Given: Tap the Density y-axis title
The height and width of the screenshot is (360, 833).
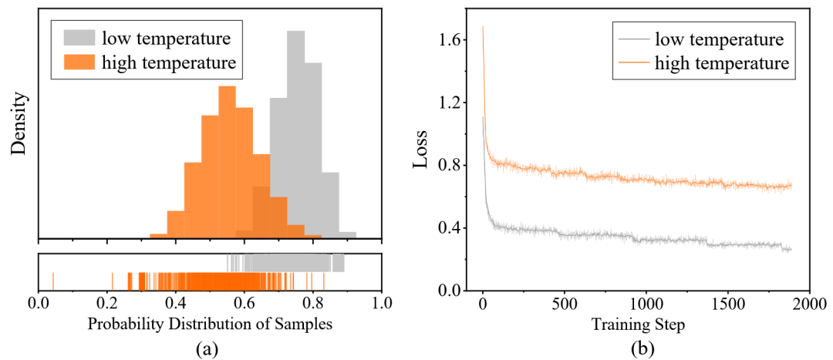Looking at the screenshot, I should click(20, 124).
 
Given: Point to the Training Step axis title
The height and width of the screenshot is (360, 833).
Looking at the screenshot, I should click(639, 325).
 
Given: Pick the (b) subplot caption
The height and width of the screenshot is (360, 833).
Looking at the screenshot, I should click(639, 349).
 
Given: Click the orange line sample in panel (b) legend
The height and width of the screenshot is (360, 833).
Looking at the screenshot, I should click(633, 64).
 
